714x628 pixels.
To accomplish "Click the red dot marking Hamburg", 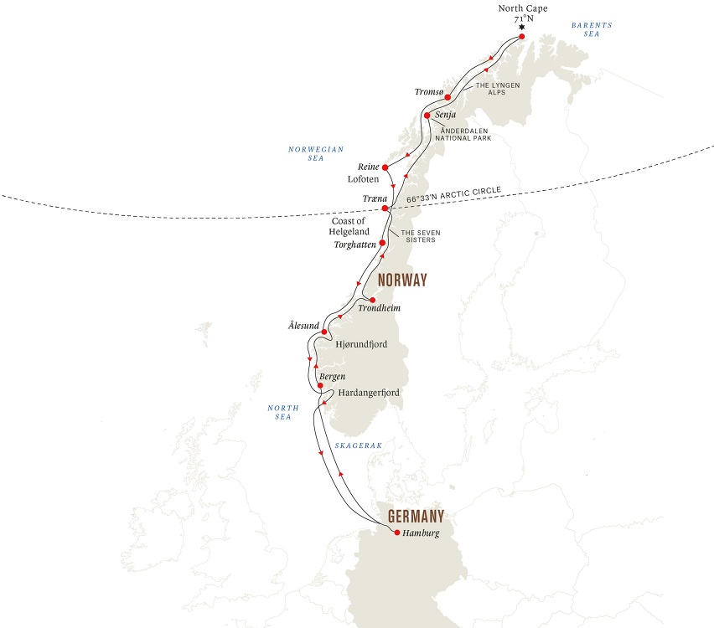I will [397, 533].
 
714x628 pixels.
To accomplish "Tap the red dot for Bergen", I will [320, 386].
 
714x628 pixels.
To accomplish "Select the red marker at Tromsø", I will [448, 97].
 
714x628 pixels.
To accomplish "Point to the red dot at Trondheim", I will [372, 300].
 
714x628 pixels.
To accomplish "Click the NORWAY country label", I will [402, 281].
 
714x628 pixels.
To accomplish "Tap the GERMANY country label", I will [411, 516].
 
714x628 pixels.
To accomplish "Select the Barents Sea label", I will [592, 29].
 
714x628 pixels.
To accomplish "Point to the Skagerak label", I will [358, 446].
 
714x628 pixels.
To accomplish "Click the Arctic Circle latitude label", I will [453, 196].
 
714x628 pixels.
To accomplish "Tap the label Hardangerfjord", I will [368, 392].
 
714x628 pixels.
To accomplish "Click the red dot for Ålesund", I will [324, 332].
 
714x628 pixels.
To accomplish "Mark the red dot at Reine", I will [385, 167].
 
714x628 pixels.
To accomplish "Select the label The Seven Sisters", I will [418, 236].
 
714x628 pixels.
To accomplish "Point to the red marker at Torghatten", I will [382, 244].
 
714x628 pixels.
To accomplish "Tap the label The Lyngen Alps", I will [499, 90].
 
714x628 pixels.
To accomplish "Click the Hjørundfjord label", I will [361, 344].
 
